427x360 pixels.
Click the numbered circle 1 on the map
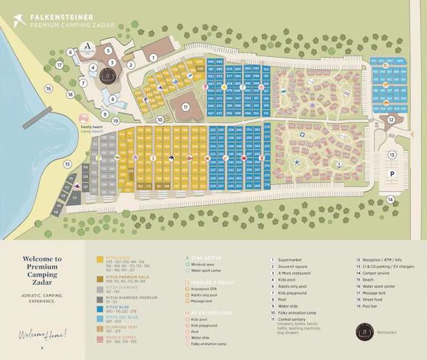pyautogui.click(x=153, y=58)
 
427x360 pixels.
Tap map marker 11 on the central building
pyautogui.click(x=185, y=107)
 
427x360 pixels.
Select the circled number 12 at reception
pyautogui.click(x=391, y=120)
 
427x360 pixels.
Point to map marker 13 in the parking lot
pyautogui.click(x=391, y=154)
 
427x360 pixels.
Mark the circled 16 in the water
pyautogui.click(x=48, y=89)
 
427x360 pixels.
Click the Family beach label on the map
pyautogui.click(x=92, y=128)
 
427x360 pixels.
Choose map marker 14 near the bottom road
pyautogui.click(x=390, y=200)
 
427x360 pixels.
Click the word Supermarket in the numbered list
pyautogui.click(x=290, y=260)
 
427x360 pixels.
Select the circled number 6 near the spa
pyautogui.click(x=70, y=52)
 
